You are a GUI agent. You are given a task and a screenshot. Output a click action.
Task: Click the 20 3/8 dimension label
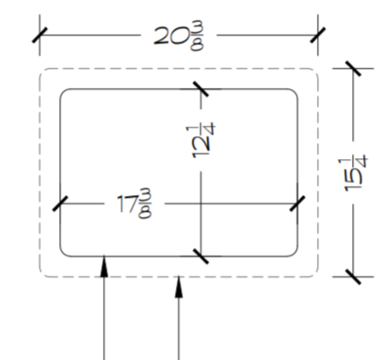click(x=179, y=35)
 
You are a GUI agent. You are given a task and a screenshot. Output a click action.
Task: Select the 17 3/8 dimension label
click(x=134, y=204)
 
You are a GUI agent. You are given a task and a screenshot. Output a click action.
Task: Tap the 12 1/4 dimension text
click(x=201, y=140)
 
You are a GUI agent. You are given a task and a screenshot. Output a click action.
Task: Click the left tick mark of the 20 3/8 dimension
click(x=40, y=35)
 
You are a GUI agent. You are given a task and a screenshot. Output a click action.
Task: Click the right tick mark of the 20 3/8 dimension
click(x=318, y=35)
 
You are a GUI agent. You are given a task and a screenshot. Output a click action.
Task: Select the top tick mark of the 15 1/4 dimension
click(x=353, y=68)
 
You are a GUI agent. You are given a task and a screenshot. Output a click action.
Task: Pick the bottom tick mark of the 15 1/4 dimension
click(x=353, y=277)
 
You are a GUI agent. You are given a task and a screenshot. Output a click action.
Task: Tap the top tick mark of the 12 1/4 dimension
click(x=201, y=89)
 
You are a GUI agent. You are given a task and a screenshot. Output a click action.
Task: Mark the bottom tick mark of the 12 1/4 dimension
click(x=201, y=256)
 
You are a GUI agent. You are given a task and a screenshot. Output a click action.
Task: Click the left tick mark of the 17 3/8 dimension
click(x=60, y=204)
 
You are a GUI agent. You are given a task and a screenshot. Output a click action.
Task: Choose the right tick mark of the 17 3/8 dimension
click(x=298, y=204)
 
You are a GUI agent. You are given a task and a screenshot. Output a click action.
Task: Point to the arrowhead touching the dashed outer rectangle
click(x=179, y=287)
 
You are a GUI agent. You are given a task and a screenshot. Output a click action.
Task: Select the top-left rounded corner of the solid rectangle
click(x=64, y=92)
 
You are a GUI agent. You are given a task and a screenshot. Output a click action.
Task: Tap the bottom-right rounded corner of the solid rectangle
click(x=294, y=253)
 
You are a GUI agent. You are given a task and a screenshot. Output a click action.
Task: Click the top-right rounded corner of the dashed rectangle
click(x=315, y=71)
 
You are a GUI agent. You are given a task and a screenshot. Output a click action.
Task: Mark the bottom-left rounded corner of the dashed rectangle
click(x=43, y=274)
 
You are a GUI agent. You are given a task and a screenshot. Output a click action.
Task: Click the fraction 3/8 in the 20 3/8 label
click(x=197, y=36)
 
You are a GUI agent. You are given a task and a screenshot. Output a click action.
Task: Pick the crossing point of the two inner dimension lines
click(x=201, y=204)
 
